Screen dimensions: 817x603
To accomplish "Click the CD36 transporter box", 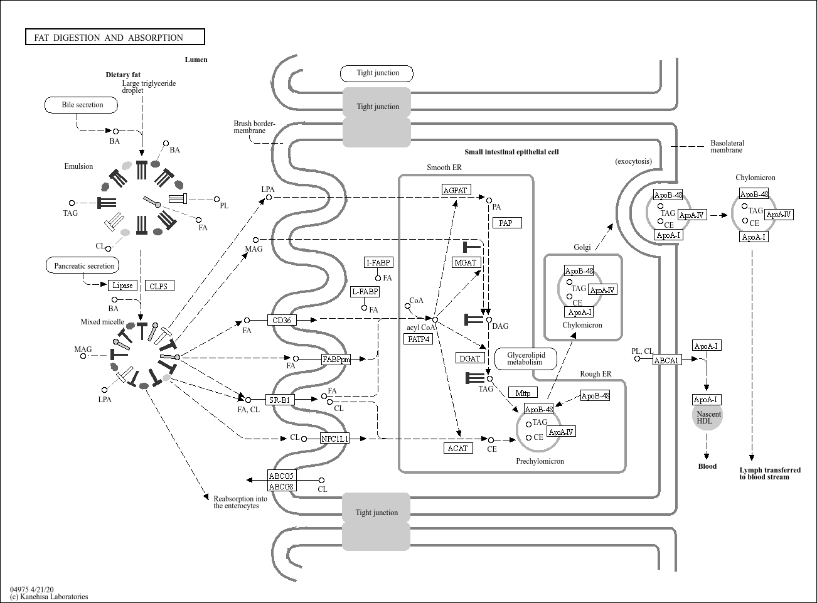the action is click(281, 320).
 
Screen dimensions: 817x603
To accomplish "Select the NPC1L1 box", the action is click(334, 439).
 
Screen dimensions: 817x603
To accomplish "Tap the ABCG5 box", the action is click(282, 475).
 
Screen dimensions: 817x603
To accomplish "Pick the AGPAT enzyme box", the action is click(456, 190).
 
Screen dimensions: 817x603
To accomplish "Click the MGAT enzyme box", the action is click(466, 262).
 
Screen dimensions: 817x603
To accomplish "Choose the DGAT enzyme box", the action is click(469, 358).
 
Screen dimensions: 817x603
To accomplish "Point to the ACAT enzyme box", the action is click(458, 448).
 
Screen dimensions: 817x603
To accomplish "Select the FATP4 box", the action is click(418, 339).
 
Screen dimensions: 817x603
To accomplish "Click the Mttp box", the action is click(523, 393).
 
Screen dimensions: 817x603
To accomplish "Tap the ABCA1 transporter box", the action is click(667, 360).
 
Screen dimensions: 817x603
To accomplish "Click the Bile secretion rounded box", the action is click(82, 105).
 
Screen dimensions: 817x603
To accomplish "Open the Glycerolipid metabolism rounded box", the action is click(526, 359).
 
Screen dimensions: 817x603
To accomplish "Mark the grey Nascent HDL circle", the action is click(707, 417).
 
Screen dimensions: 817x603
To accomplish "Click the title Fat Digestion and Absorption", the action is click(109, 38).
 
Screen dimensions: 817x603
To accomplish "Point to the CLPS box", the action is click(159, 286).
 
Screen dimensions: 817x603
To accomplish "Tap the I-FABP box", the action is click(378, 262).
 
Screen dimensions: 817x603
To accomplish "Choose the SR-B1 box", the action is click(280, 399).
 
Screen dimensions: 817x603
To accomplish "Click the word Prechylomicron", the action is click(540, 461).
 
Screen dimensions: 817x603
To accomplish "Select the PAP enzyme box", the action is click(507, 223).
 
